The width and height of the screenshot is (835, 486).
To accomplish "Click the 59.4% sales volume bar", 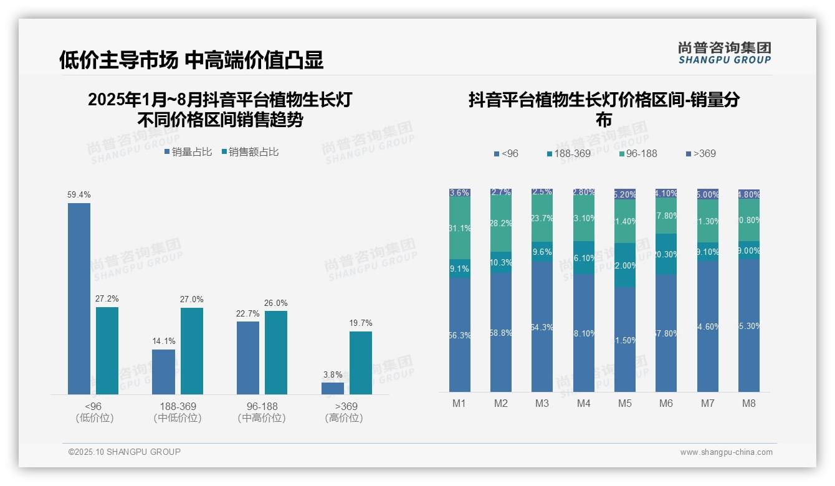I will pos(79,298).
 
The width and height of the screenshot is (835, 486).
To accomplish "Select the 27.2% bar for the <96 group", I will pos(107,350).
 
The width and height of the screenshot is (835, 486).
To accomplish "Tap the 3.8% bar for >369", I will pos(333,388).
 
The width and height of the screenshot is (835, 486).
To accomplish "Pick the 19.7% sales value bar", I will pos(361,363).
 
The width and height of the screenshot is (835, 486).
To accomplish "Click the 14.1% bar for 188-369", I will pos(164,371).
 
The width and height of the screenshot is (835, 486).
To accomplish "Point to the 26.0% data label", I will pos(276,303).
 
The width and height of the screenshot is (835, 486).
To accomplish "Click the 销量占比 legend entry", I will pos(188,152).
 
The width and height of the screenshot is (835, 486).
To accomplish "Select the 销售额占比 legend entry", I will pos(250,152).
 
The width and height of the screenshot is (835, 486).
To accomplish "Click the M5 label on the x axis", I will pos(625,403).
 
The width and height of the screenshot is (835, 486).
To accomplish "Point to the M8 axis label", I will pos(749,403).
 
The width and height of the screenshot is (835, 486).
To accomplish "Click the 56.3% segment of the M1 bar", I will pos(460,335).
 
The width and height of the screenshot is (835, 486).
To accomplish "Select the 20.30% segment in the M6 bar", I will pos(666,254).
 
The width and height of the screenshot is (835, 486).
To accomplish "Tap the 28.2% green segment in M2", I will pos(501,224).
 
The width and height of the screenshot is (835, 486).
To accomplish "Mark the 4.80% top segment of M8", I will pos(749,194).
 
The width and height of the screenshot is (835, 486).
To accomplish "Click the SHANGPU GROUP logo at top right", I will pos(725,53).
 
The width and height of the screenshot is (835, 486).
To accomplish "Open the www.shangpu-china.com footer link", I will pos(726,452).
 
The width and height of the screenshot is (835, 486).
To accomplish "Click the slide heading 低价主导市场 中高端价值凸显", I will pos(191,60).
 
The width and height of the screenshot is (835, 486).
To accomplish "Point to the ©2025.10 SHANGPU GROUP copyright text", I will pos(125,452).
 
